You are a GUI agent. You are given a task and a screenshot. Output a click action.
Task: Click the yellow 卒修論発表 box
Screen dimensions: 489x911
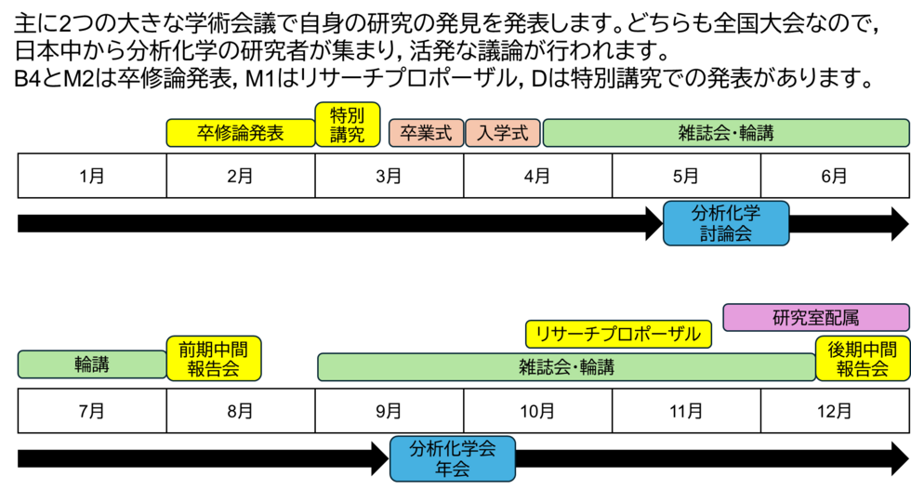[x=240, y=133]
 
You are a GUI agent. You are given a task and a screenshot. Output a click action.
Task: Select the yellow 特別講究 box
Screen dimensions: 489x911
[x=348, y=125]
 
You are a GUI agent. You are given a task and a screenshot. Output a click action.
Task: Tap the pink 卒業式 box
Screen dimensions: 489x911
[x=426, y=133]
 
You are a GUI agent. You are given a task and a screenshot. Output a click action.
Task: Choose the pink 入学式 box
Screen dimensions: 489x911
[x=502, y=133]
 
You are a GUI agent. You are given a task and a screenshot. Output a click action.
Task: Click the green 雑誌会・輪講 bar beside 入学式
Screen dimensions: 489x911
[x=725, y=133]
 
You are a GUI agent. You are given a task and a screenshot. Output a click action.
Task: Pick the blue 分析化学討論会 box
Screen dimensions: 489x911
[x=725, y=223]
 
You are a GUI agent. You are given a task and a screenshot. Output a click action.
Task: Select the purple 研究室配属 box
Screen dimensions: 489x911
[x=815, y=318]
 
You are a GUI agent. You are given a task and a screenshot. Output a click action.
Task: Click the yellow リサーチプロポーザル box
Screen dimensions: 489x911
[x=618, y=334]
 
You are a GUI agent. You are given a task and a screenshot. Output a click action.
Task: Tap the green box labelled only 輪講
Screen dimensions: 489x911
[x=91, y=365]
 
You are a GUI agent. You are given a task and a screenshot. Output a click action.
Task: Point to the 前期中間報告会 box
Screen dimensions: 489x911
[x=214, y=359]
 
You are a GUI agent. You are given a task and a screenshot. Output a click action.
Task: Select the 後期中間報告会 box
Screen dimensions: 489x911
[x=862, y=359]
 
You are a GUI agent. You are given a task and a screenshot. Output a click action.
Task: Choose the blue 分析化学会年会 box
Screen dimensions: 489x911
[x=452, y=458]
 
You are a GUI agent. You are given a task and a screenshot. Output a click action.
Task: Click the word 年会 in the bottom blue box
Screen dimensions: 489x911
[x=452, y=469]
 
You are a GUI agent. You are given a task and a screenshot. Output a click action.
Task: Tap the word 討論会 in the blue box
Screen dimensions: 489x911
[x=725, y=233]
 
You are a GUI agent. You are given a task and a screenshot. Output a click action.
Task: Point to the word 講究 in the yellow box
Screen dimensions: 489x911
[x=348, y=135]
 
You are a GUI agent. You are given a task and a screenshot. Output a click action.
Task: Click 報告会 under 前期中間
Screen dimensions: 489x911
[x=214, y=369]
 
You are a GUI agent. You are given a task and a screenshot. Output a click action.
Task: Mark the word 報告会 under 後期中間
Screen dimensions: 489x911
[x=862, y=369]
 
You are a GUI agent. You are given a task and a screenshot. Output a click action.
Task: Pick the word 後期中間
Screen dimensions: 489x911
[x=862, y=350]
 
